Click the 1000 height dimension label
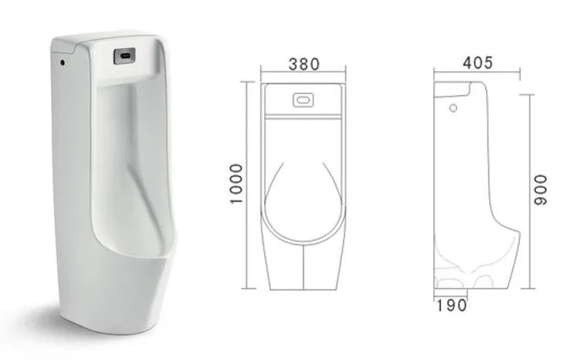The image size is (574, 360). [x=236, y=184]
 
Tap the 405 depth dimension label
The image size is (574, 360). [x=477, y=63]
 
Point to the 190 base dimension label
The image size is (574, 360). [x=451, y=305]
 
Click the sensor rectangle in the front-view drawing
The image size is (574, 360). [x=302, y=100]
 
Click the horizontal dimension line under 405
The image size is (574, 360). [x=476, y=74]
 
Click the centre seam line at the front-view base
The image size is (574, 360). [x=303, y=268]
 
